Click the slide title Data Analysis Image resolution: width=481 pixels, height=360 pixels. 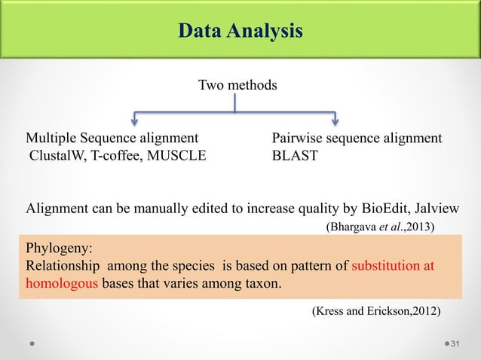240,31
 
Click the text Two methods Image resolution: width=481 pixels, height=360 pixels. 237,85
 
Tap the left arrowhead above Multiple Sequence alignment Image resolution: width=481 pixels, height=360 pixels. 134,118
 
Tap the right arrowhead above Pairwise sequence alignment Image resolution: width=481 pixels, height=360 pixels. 335,118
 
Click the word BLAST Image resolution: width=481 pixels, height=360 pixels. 295,157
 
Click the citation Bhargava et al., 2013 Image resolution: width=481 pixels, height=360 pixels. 380,225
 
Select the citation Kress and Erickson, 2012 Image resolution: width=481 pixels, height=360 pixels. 376,310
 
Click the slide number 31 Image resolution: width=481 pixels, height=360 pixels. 455,344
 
